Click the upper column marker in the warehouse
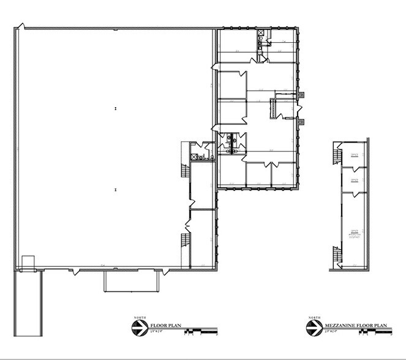pyautogui.click(x=115, y=108)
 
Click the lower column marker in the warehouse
pyautogui.click(x=115, y=190)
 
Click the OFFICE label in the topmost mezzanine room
pyautogui.click(x=355, y=155)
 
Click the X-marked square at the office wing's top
pyautogui.click(x=261, y=34)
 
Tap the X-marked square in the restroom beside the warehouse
pyautogui.click(x=195, y=157)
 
